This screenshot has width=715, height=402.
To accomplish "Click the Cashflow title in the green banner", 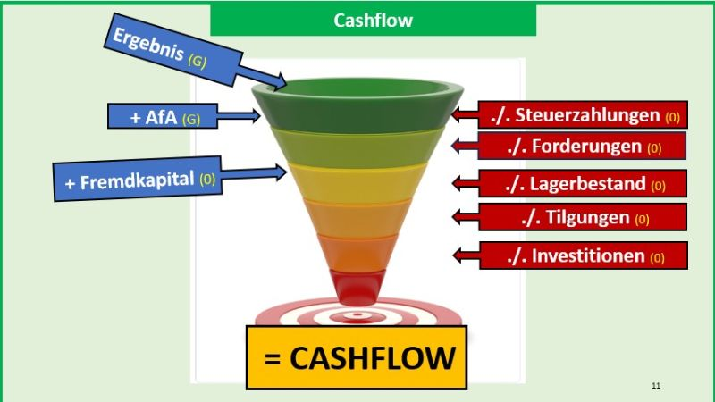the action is (x=373, y=21).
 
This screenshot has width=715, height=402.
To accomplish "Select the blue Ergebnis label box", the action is (x=172, y=50).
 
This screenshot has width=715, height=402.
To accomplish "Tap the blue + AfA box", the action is (x=163, y=116).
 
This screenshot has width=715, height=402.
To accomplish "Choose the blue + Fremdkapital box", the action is (x=138, y=180).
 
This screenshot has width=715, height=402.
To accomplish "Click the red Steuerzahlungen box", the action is (x=583, y=115).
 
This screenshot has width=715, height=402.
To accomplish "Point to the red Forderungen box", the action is (x=582, y=147).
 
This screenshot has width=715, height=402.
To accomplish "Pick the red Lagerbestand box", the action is (x=583, y=184).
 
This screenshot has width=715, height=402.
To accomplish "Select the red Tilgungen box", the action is (x=583, y=217).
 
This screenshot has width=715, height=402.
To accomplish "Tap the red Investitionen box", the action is (x=584, y=255).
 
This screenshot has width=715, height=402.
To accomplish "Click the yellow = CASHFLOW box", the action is (x=357, y=357).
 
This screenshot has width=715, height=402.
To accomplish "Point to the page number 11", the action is (x=656, y=386).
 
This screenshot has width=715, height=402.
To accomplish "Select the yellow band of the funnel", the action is (x=357, y=182).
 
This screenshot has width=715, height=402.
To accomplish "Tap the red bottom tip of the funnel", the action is (x=357, y=287).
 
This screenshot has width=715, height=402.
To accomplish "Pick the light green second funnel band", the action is (x=357, y=147).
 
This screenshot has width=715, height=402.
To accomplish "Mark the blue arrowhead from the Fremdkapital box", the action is (x=280, y=172).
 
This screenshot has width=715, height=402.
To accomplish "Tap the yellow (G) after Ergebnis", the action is (x=198, y=61).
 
